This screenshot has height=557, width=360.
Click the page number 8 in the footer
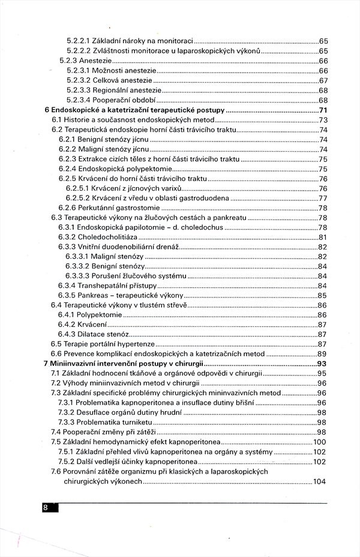point(46,508)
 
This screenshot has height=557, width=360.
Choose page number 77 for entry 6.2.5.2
point(322,198)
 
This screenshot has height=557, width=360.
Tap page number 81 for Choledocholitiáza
point(322,237)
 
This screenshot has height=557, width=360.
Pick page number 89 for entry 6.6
point(322,354)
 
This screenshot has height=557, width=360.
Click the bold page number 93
point(322,363)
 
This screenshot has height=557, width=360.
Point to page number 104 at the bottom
point(319,481)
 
